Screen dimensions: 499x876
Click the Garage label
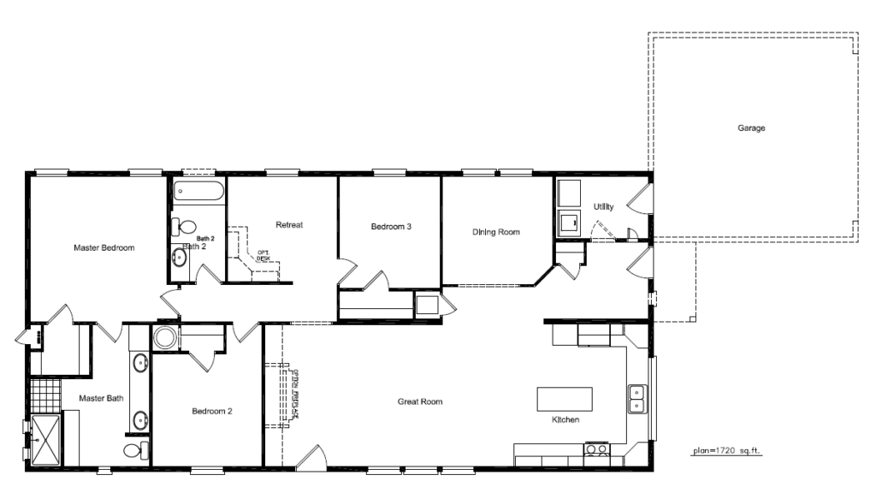[751, 128]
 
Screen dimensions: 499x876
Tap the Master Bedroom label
[104, 248]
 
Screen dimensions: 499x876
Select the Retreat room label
[290, 225]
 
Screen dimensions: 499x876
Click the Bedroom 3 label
[391, 227]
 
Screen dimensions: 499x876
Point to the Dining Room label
[496, 232]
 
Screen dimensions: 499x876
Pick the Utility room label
[604, 206]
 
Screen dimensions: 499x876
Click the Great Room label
[419, 401]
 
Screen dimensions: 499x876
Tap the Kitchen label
[566, 420]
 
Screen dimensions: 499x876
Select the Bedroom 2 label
[212, 411]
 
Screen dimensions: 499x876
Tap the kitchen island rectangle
[565, 400]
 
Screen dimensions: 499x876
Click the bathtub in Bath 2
[198, 192]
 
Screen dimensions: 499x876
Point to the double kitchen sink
[637, 399]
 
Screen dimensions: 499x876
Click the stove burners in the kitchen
[596, 449]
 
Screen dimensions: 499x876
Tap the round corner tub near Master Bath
[166, 337]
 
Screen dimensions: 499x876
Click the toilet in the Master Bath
[134, 450]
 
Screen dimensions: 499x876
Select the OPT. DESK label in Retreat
[263, 254]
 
